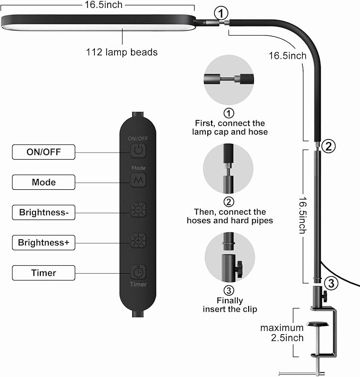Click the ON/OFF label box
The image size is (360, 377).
pos(43,152)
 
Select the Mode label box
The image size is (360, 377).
pos(43,182)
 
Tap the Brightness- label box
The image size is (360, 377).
pos(43,213)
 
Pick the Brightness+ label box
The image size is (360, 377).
pos(43,243)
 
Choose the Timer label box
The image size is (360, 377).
pos(43,273)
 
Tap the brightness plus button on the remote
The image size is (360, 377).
pos(138,240)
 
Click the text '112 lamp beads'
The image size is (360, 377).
pos(121,52)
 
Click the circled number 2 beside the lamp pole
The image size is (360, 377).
pos(328,146)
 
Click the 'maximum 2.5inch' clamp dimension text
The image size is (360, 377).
pos(282,333)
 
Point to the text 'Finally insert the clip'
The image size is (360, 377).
pos(230,305)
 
